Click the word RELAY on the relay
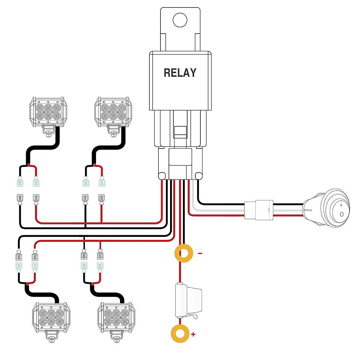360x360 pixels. pyautogui.click(x=180, y=73)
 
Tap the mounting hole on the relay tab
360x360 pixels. pyautogui.click(x=180, y=20)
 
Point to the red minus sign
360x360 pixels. pyautogui.click(x=200, y=253)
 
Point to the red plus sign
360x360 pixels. pyautogui.click(x=193, y=334)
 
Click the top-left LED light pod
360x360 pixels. pyautogui.click(x=48, y=112)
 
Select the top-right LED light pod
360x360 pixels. pyautogui.click(x=113, y=112)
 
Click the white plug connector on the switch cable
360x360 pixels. pyautogui.click(x=259, y=210)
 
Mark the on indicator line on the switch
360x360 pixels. pyautogui.click(x=341, y=205)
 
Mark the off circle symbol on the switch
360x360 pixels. pyautogui.click(x=341, y=214)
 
